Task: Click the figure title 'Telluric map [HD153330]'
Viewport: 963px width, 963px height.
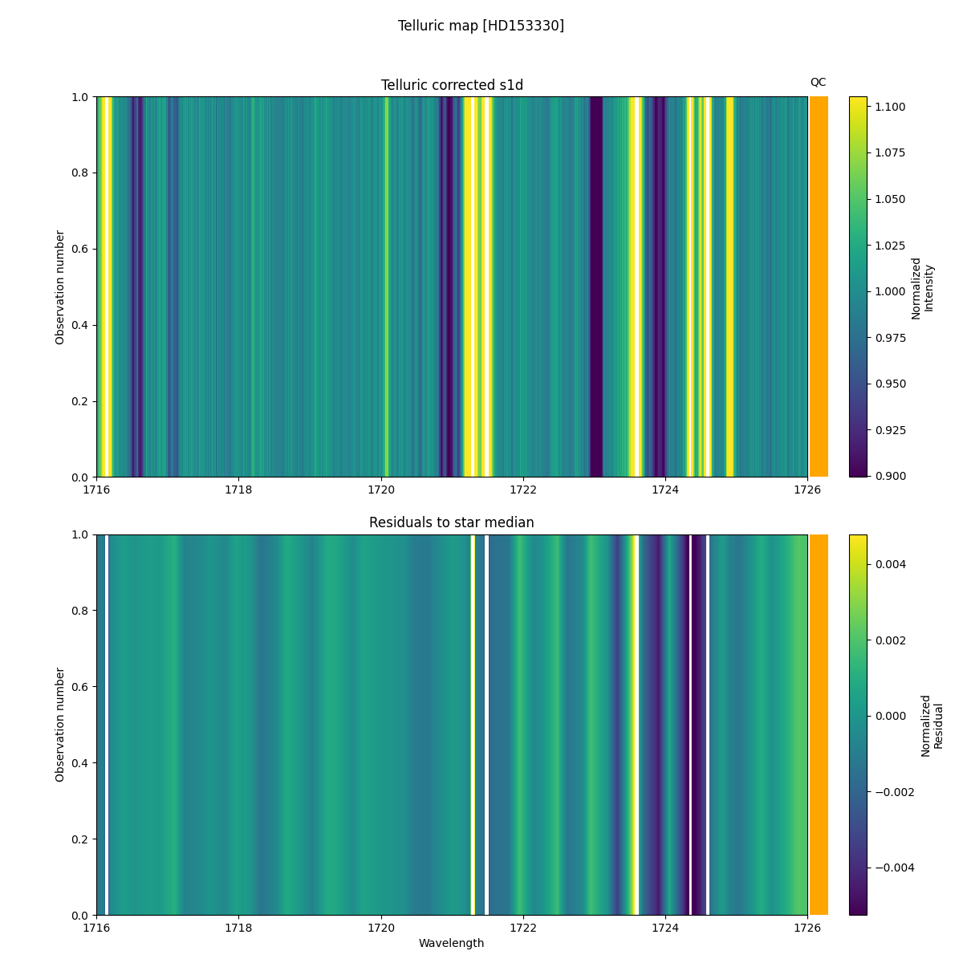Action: pos(481,26)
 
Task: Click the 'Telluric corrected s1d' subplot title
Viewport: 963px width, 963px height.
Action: pos(452,85)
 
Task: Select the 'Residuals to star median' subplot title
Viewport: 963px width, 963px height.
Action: pos(452,522)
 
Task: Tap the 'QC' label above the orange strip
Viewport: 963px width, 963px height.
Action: pos(818,82)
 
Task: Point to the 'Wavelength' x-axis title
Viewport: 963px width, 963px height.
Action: pos(452,943)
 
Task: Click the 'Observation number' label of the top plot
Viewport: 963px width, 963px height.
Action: pos(60,287)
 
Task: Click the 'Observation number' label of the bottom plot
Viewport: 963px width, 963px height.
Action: pos(60,725)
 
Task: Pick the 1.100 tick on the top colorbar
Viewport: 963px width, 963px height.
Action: pos(889,107)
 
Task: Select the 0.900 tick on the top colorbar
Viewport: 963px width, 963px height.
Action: pos(889,476)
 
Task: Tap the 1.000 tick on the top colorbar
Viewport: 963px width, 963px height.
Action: pos(889,291)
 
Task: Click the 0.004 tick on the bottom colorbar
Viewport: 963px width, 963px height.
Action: pos(891,564)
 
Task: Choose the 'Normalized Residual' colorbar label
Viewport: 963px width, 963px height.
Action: pos(931,725)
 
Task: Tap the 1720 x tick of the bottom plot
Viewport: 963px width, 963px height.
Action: pos(381,928)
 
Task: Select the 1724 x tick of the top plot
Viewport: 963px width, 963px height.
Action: pos(665,490)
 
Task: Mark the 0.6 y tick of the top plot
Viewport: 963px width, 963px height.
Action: pos(81,249)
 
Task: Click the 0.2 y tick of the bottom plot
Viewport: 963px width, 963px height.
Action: pos(81,839)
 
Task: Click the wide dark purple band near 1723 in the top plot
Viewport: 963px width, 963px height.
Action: pos(596,287)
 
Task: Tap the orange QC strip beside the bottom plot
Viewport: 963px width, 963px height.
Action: pos(819,725)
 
